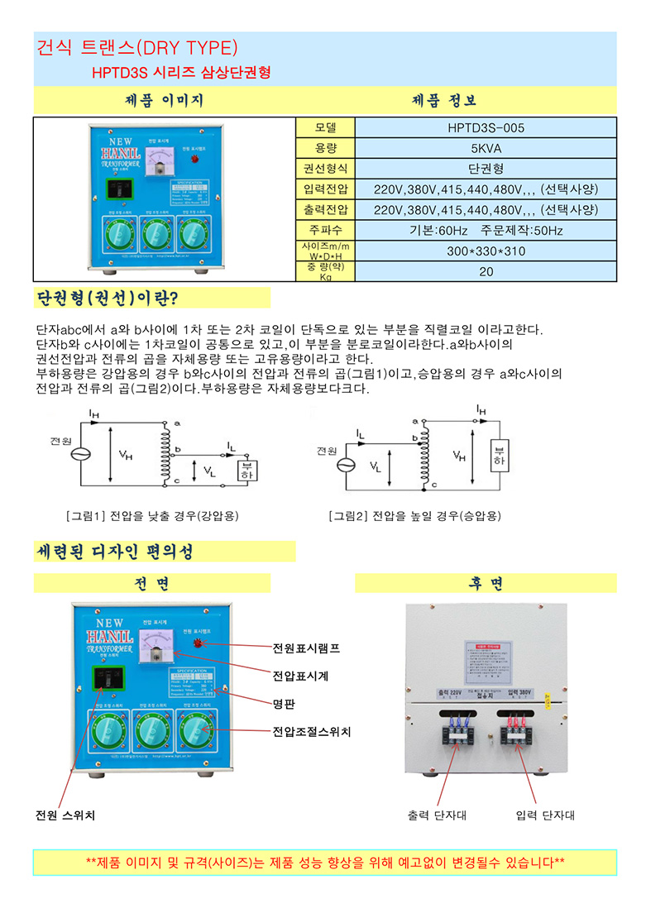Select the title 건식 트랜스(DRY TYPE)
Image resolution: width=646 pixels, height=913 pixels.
click(x=137, y=47)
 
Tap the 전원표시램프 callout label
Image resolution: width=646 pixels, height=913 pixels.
click(x=306, y=648)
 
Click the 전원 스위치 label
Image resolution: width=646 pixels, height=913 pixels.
click(x=65, y=815)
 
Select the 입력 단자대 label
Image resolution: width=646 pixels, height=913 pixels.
click(x=544, y=815)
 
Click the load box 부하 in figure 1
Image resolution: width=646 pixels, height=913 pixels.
click(x=246, y=469)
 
